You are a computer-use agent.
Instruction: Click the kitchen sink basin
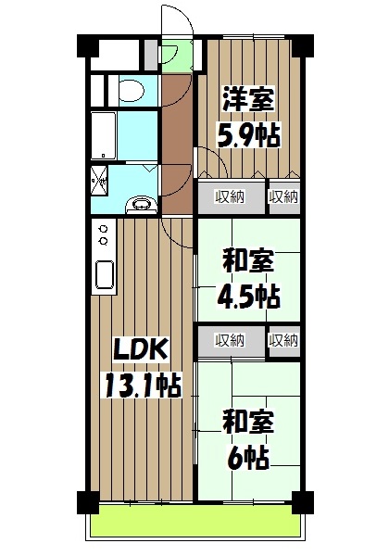104,275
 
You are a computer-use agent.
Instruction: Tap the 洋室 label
247,97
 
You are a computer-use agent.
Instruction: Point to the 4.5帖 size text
247,296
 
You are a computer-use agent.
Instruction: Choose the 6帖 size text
247,456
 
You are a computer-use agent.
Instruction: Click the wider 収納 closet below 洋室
230,196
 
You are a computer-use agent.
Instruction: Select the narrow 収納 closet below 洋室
282,196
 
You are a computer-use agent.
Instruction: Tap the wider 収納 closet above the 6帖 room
230,340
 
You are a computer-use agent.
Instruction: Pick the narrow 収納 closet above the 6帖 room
282,340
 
